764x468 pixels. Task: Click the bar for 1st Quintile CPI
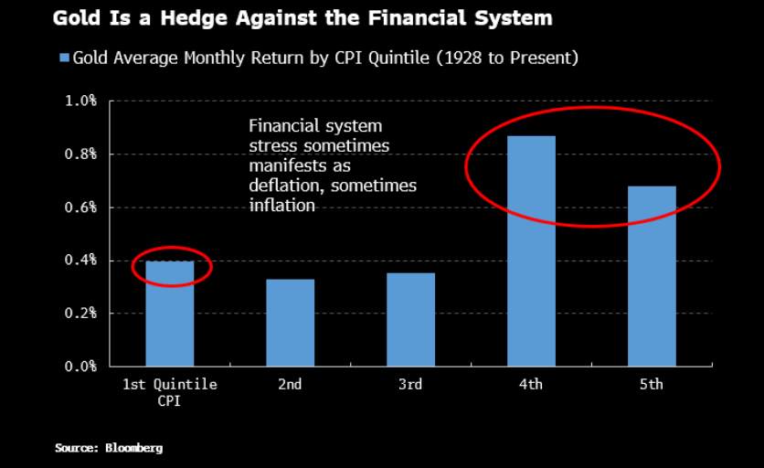tap(169, 314)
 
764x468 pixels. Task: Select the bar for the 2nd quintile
tap(290, 323)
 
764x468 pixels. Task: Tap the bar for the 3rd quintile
tap(410, 320)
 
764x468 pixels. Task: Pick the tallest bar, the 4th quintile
tap(531, 251)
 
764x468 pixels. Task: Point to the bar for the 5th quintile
tap(652, 276)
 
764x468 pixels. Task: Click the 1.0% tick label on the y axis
tap(80, 101)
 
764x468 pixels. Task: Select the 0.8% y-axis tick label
tap(80, 154)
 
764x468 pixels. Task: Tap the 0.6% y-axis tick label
tap(80, 207)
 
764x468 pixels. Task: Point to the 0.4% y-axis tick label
tap(80, 261)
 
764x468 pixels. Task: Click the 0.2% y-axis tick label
tap(80, 314)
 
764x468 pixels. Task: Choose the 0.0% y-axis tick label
tap(80, 367)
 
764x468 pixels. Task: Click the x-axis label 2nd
tap(290, 385)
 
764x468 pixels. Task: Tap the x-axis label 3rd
tap(410, 385)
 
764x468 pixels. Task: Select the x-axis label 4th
tap(531, 385)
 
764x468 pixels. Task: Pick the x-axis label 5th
tap(652, 385)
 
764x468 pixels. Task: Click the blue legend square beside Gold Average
tap(64, 58)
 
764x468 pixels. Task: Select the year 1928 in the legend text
tap(459, 58)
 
